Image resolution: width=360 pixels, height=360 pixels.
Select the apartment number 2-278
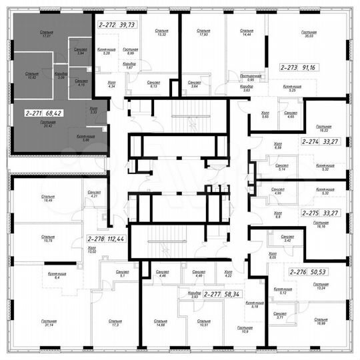click(x=96, y=237)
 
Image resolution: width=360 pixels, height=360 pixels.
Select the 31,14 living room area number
click(x=47, y=325)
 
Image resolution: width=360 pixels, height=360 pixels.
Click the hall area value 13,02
click(x=91, y=251)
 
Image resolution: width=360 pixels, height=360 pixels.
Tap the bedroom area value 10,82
click(x=31, y=77)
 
